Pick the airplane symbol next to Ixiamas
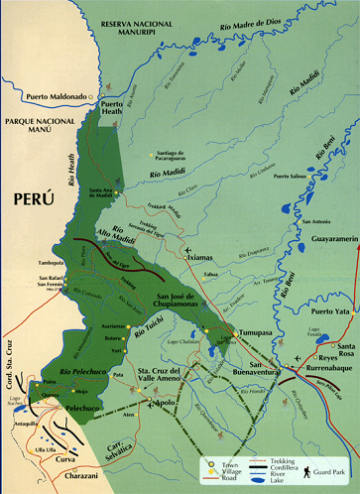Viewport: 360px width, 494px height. coord(187,249)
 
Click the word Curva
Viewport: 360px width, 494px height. coord(63,459)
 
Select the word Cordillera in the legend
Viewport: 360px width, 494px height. coord(276,468)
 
